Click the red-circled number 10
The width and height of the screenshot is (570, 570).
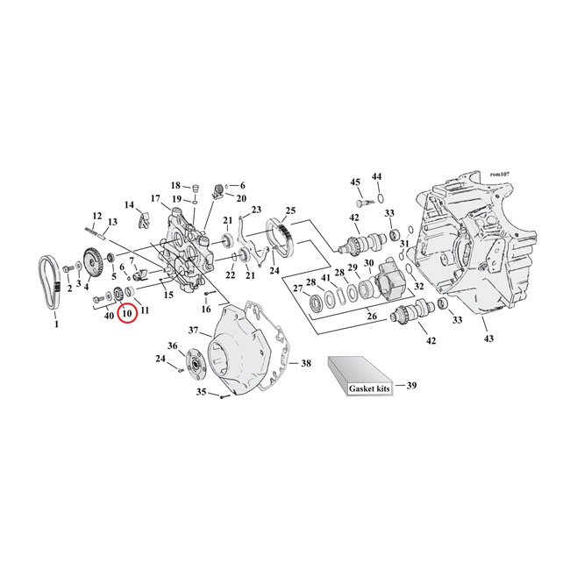(x=127, y=313)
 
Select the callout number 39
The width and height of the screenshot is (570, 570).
(x=411, y=384)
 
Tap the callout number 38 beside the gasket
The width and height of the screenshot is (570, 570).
(x=305, y=362)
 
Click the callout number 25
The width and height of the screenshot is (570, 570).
(x=290, y=210)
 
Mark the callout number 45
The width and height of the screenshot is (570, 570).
(x=355, y=182)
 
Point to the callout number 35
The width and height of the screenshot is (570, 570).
(x=201, y=393)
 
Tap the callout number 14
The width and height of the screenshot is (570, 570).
(x=130, y=205)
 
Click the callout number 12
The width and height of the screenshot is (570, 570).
(x=97, y=216)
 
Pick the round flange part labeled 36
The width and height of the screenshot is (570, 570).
(x=190, y=360)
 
